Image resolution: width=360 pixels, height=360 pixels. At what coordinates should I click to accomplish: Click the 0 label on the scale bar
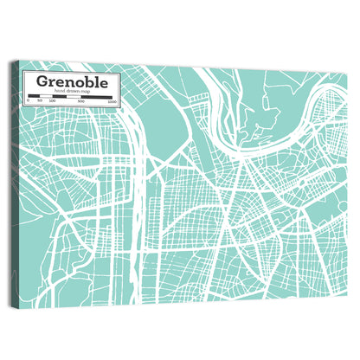(28, 101)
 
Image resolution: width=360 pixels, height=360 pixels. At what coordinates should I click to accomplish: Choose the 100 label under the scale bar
(52, 101)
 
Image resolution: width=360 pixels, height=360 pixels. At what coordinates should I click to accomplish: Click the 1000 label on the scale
(112, 101)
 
